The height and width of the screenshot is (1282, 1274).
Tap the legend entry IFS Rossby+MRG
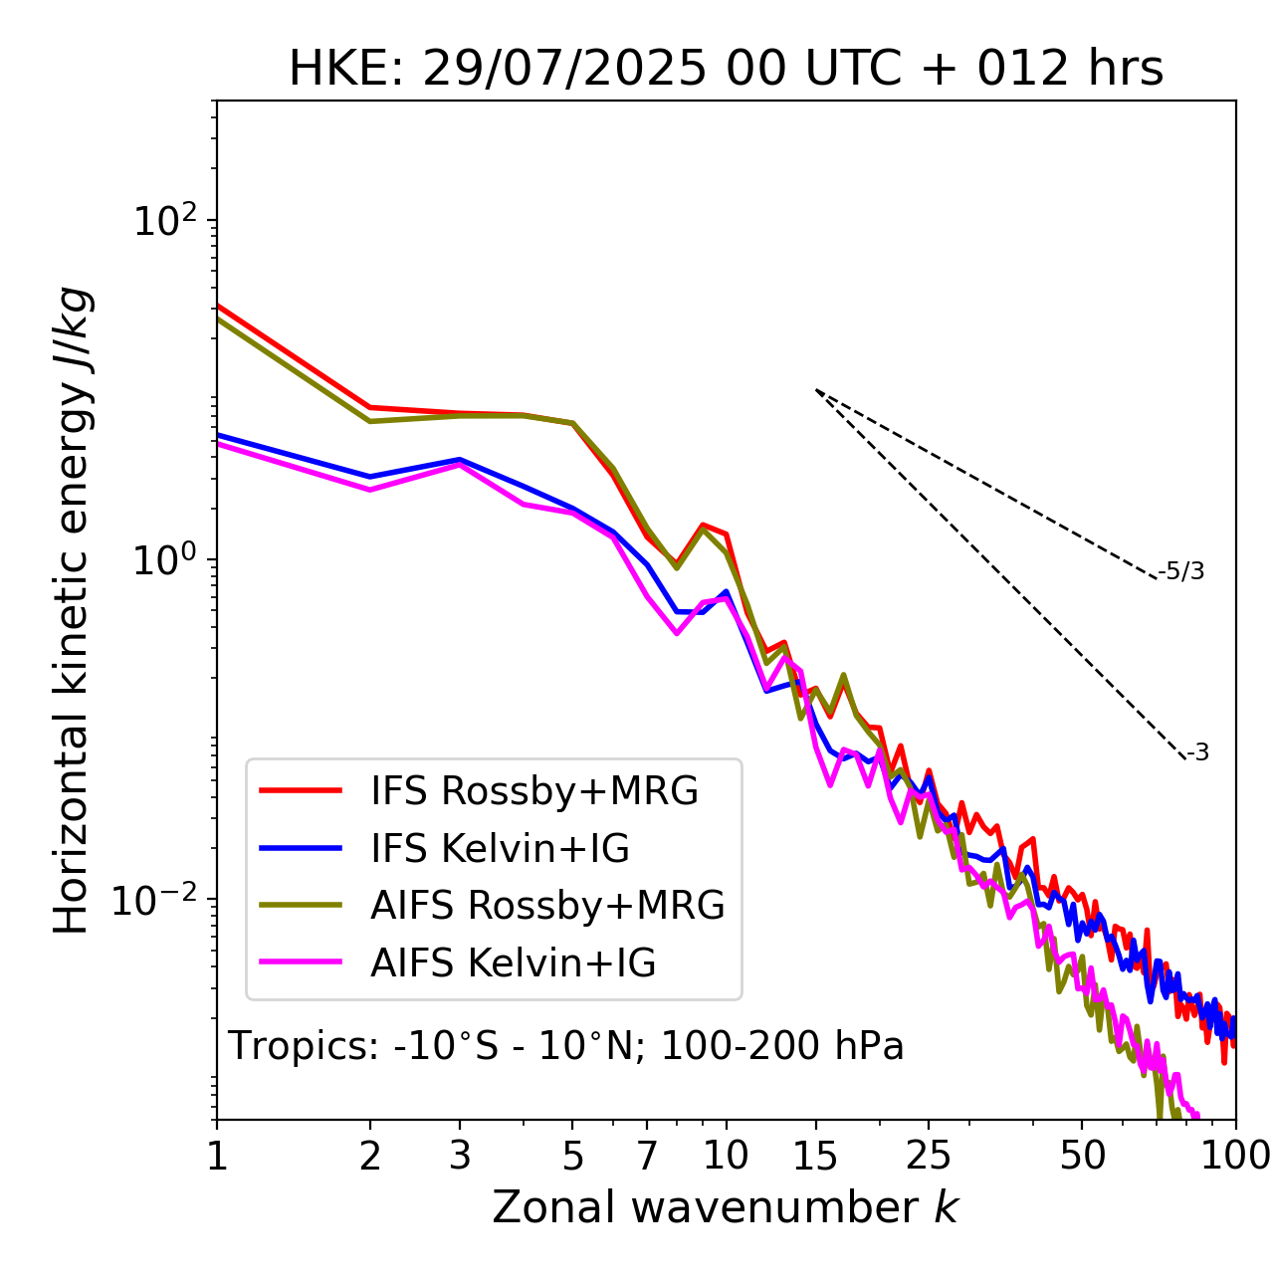pos(533,791)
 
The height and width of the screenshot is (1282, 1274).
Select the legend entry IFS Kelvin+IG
pos(500,849)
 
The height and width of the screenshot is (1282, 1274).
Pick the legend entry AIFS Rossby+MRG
pos(547,906)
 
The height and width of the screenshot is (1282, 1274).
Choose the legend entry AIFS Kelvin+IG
pos(513,963)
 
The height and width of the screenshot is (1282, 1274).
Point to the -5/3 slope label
pos(1181,571)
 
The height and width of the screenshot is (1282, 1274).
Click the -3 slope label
pos(1197,753)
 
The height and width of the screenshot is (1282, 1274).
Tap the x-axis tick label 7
pos(647,1156)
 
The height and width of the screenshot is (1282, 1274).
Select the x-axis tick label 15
pos(815,1156)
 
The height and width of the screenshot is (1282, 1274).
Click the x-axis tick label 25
pos(929,1156)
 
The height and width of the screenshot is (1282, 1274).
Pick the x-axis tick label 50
pos(1082,1156)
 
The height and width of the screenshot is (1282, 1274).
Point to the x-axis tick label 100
pos(1234,1156)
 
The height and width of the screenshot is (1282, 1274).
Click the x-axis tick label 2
pos(370,1156)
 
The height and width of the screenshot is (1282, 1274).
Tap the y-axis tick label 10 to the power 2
pos(164,220)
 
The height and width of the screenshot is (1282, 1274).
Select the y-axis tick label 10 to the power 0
pos(164,559)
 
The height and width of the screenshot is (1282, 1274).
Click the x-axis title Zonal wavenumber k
pos(726,1208)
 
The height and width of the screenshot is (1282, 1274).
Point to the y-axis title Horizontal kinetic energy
pos(73,610)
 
